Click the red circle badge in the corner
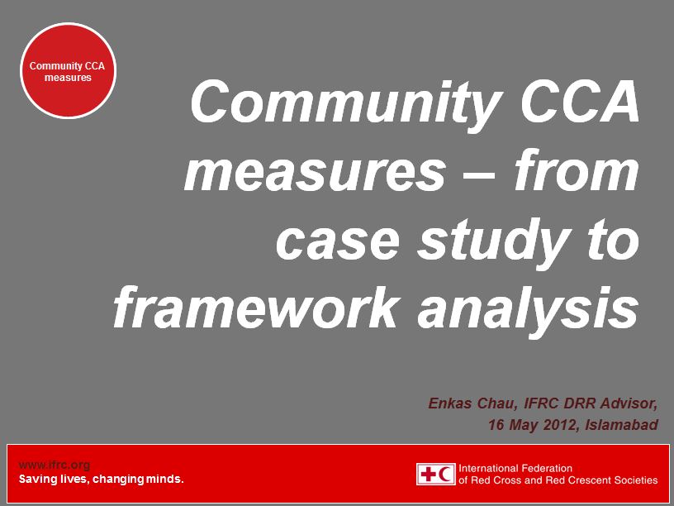(68, 71)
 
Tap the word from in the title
(576, 172)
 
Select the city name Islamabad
(622, 425)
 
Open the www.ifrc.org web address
(54, 465)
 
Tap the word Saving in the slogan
(37, 479)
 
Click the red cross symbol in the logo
(429, 474)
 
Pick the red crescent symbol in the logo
(446, 474)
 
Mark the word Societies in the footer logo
(634, 480)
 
